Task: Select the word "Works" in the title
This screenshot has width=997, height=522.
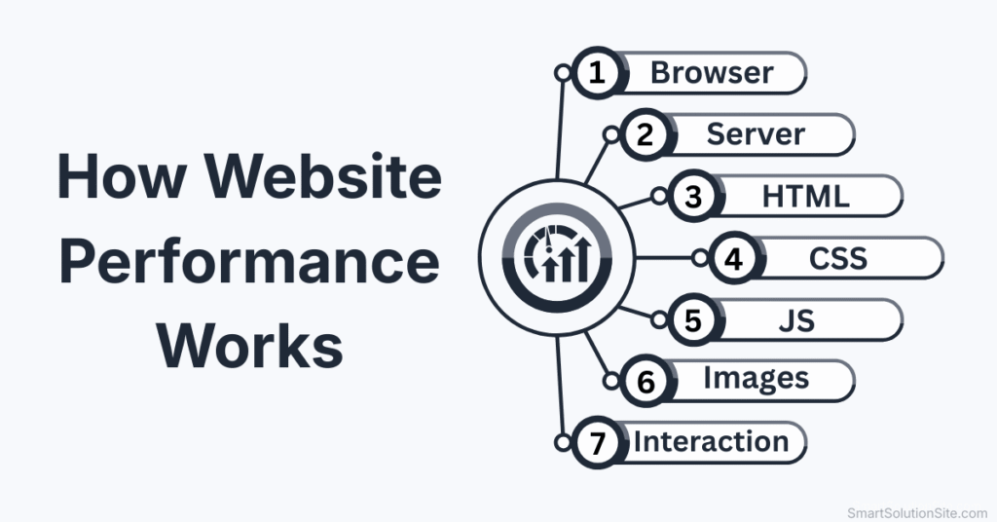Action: pyautogui.click(x=250, y=345)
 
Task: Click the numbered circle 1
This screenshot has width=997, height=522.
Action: pyautogui.click(x=595, y=74)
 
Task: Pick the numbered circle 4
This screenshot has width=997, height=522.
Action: pyautogui.click(x=733, y=258)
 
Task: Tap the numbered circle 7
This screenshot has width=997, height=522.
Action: pyautogui.click(x=595, y=442)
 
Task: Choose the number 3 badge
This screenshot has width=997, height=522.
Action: pyautogui.click(x=693, y=197)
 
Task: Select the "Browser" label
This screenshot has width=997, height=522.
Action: pyautogui.click(x=712, y=73)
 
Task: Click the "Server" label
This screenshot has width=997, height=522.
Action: pyautogui.click(x=757, y=134)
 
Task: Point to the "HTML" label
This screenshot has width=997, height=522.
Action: pyautogui.click(x=805, y=196)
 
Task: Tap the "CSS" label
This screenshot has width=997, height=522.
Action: pyautogui.click(x=838, y=258)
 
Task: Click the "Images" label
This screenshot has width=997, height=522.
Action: pyautogui.click(x=756, y=380)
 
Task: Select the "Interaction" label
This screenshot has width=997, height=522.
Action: pyautogui.click(x=711, y=441)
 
